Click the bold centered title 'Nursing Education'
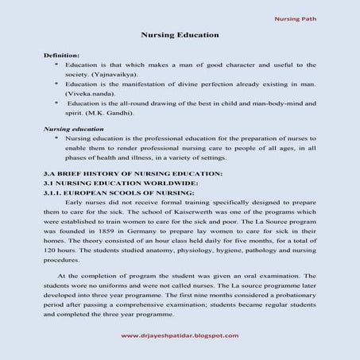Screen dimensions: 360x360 click(x=180, y=36)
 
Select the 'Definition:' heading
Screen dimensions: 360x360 click(x=61, y=55)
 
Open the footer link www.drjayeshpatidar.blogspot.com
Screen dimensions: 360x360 click(x=180, y=335)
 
